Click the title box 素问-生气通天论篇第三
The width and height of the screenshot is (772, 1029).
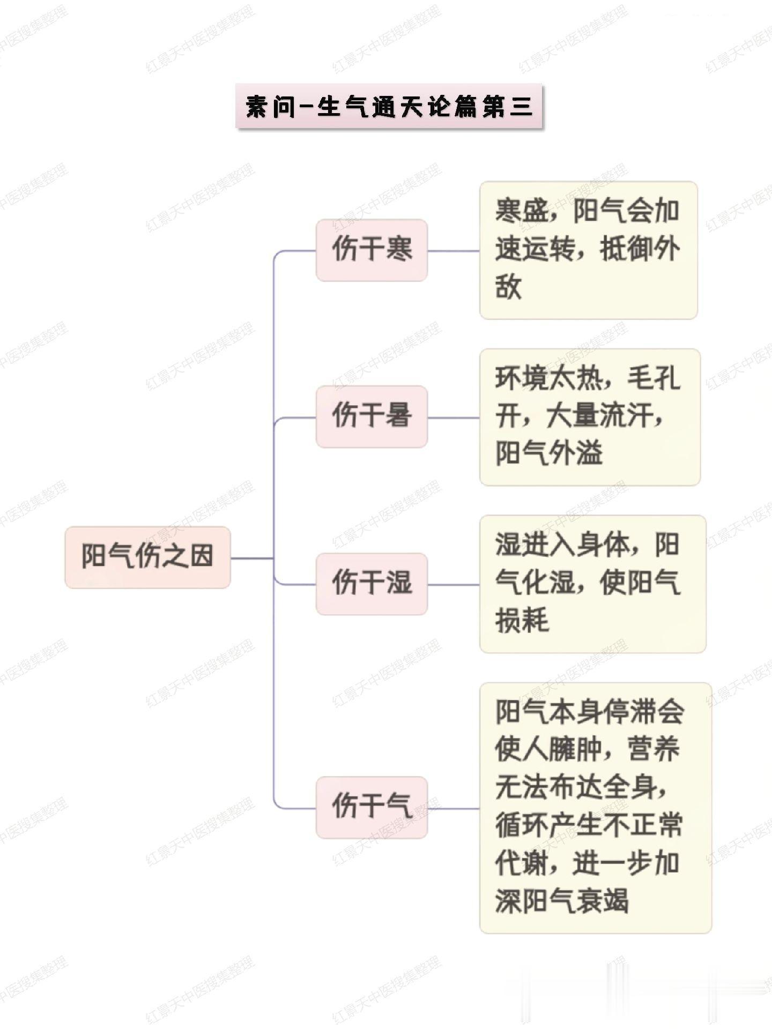(389, 106)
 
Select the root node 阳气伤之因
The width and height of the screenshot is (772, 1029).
(147, 557)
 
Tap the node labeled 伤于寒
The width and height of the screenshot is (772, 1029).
(372, 250)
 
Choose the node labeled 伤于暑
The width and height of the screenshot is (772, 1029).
(372, 416)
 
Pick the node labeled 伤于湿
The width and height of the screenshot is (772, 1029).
(372, 584)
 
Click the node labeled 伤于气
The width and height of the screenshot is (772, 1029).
(372, 807)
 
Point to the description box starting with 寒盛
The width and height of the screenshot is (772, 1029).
(588, 250)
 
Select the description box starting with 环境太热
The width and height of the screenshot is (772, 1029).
(590, 417)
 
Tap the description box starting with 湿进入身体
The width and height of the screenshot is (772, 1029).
(592, 584)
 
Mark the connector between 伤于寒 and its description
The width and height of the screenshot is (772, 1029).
(453, 251)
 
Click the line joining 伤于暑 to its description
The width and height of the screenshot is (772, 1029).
(453, 417)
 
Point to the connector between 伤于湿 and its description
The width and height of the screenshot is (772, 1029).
(453, 585)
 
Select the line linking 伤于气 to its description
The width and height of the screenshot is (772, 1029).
(453, 808)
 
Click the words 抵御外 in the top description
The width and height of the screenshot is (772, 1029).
(640, 250)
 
